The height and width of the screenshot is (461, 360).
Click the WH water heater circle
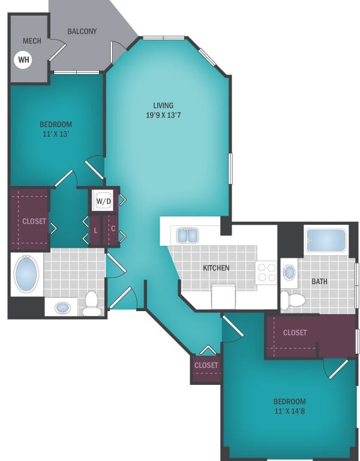(23, 59)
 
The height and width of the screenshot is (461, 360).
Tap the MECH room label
(31, 41)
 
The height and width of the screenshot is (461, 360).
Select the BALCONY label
(82, 31)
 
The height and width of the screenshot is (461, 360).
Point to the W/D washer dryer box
(103, 201)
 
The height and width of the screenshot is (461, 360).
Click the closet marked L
(95, 230)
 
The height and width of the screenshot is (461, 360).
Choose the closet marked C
(112, 230)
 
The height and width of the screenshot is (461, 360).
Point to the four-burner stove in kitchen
(266, 272)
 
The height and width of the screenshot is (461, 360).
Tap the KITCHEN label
(215, 268)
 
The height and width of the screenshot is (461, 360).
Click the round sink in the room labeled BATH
(289, 272)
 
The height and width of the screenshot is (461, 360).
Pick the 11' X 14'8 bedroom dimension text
(290, 411)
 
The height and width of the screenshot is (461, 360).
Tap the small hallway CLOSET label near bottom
(206, 364)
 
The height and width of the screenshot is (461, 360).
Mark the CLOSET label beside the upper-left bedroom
(34, 221)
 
